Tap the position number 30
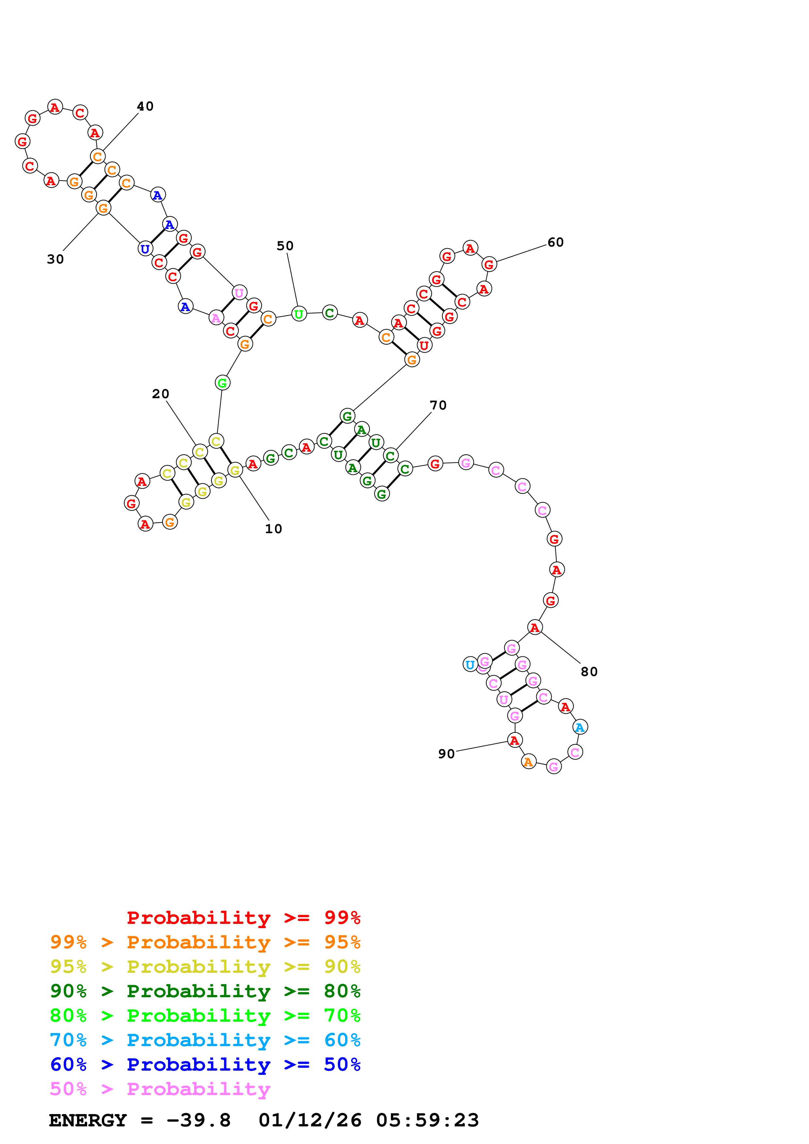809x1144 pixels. pos(55,259)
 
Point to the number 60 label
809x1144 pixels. pos(555,243)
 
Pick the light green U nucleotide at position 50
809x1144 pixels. pos(299,314)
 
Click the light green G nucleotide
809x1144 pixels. pos(222,383)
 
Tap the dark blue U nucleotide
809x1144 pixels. pos(145,248)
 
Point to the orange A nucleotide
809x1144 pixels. pos(528,762)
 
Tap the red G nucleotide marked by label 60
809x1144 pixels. pos(489,264)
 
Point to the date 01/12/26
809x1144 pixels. pos(310,1121)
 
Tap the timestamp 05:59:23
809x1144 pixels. pos(427,1121)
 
